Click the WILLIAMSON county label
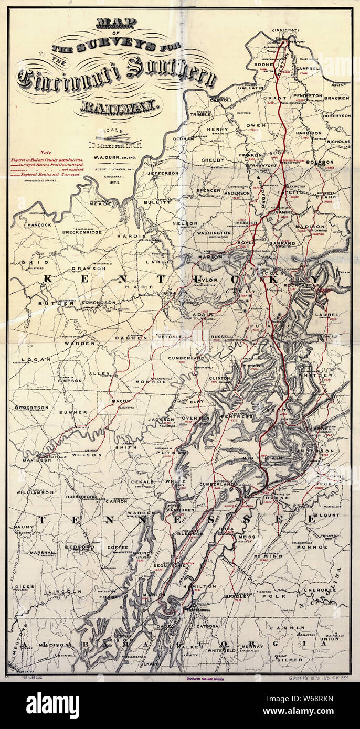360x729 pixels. pos(35,492)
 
